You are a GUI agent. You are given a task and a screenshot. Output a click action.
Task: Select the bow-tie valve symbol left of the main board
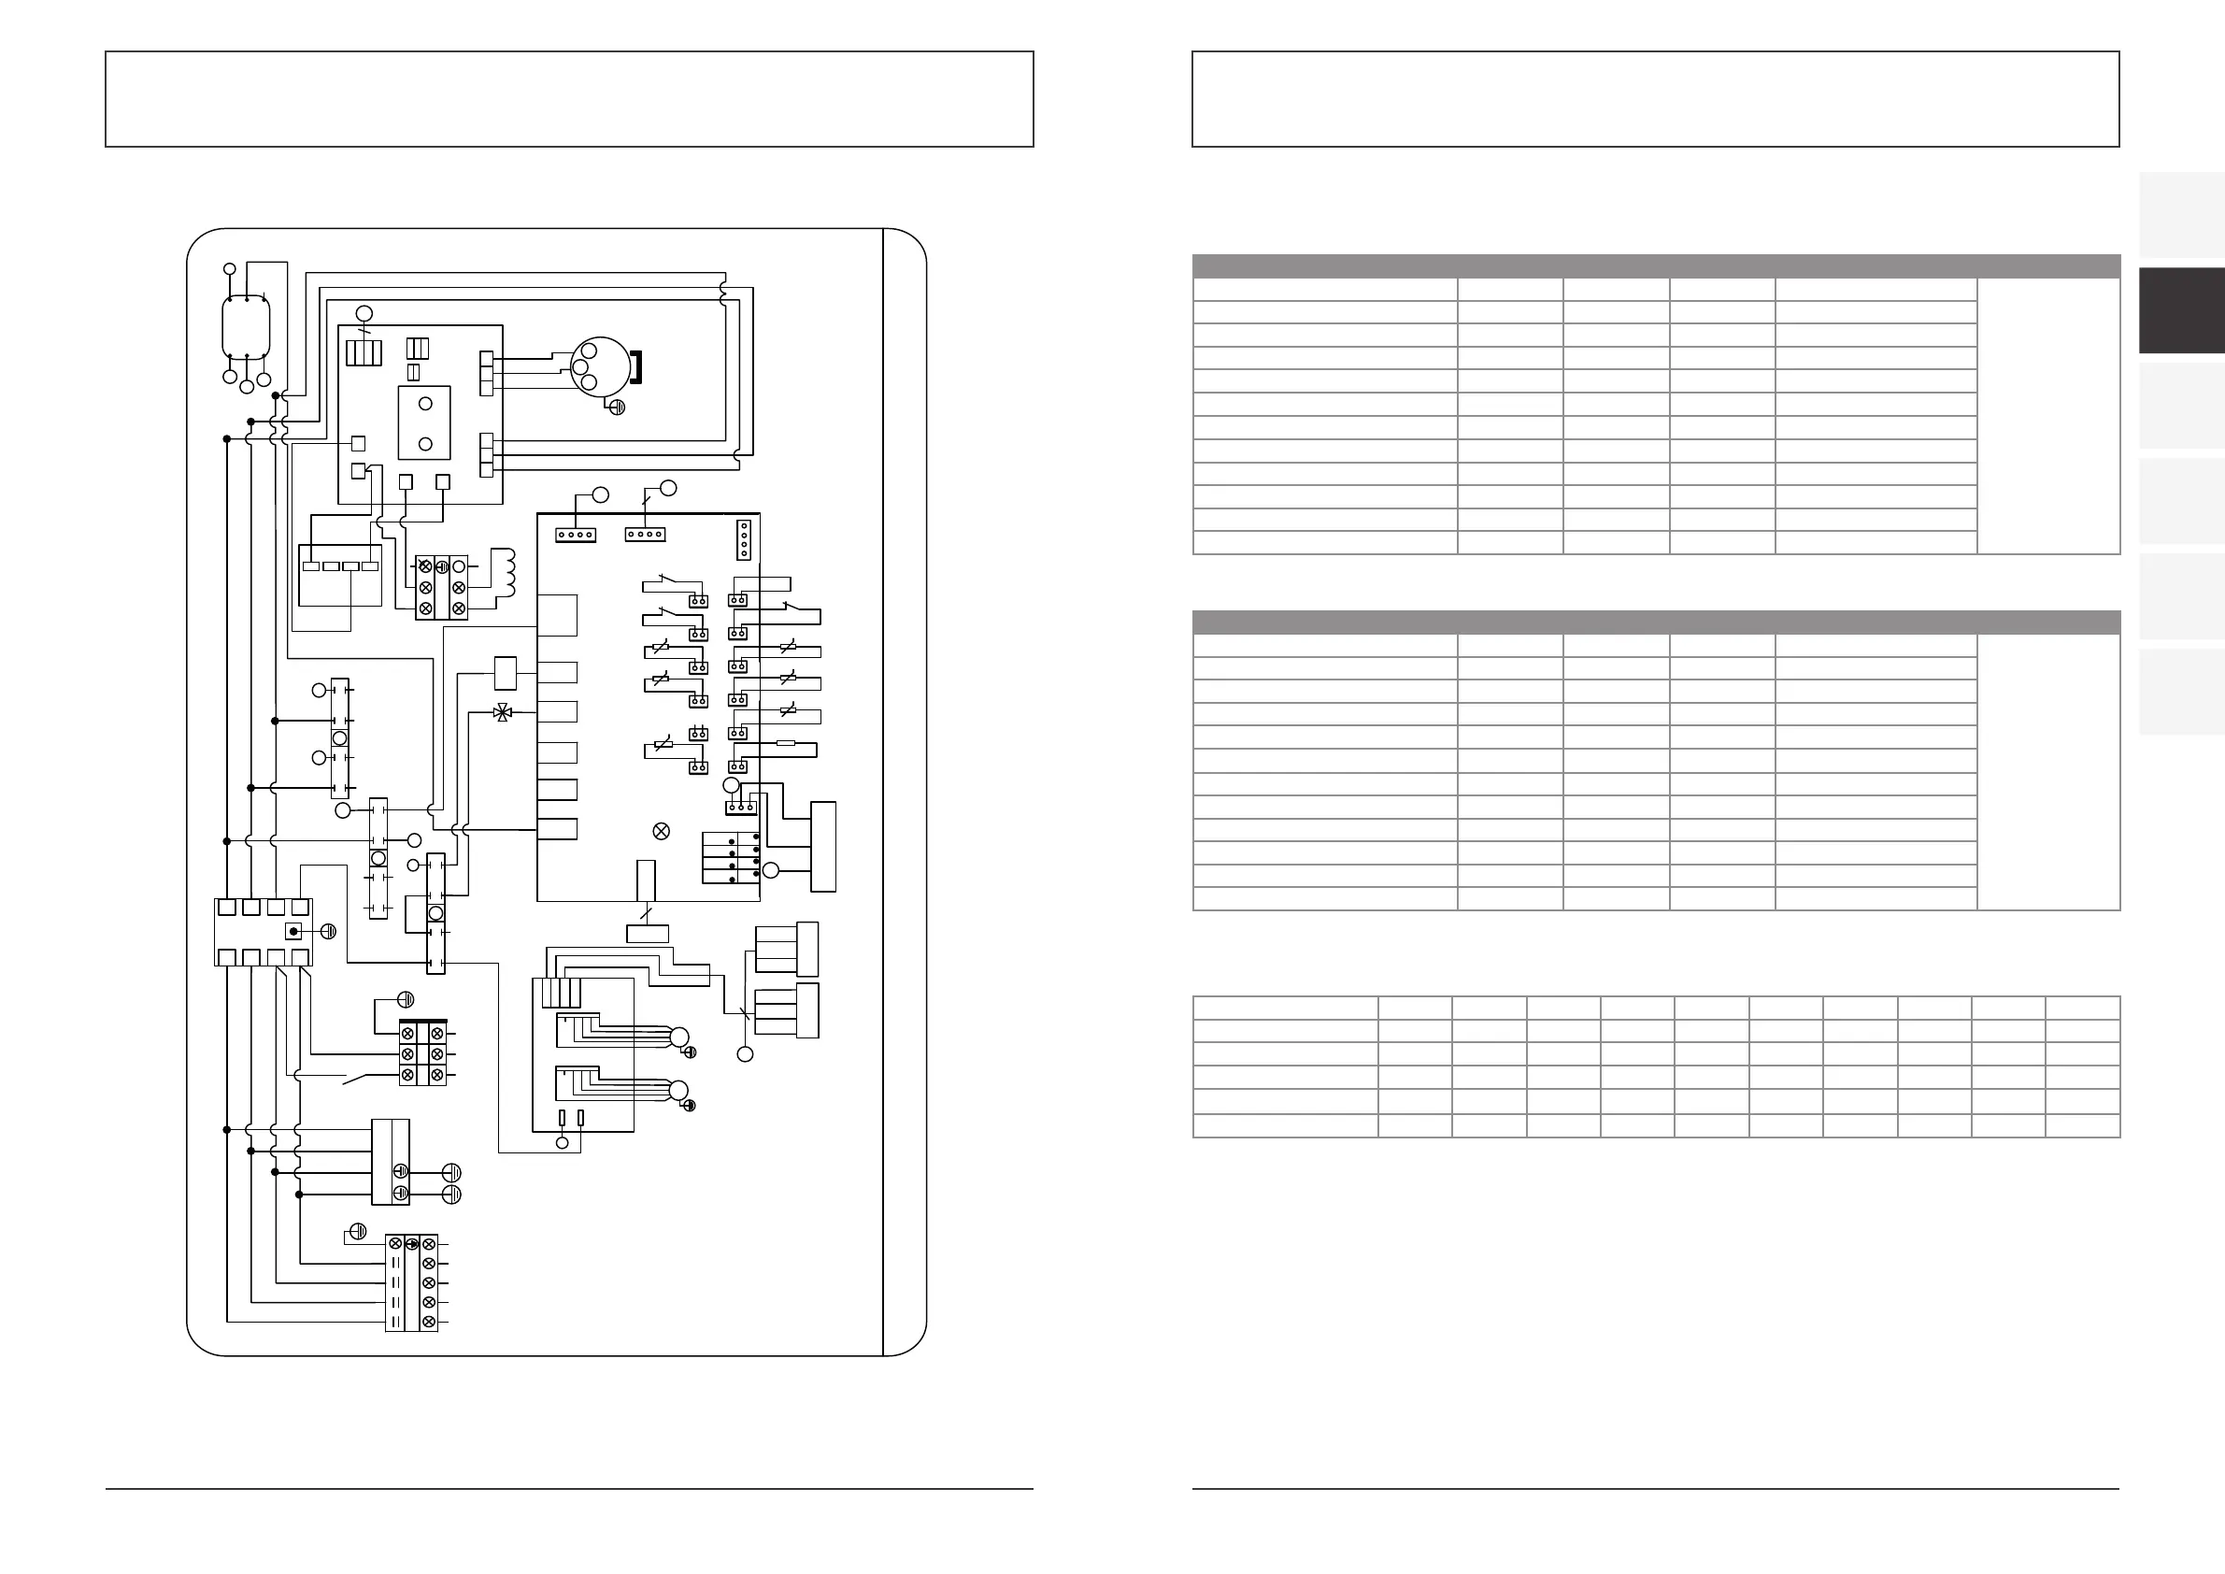click(502, 712)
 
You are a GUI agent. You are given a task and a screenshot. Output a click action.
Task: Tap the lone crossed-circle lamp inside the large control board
click(662, 832)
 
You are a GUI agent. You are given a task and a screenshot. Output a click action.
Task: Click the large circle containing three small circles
click(600, 366)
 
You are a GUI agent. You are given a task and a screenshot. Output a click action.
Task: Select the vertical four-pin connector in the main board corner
click(744, 540)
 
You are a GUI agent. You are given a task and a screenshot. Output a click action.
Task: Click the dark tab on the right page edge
click(2181, 310)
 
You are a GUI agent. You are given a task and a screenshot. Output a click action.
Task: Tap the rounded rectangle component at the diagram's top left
click(246, 326)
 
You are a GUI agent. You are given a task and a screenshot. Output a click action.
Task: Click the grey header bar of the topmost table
click(1655, 266)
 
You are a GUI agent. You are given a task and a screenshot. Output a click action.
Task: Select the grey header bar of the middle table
click(1655, 622)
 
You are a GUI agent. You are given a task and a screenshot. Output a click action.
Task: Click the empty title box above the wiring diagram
click(569, 99)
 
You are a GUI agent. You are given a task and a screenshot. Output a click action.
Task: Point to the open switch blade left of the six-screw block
click(361, 1078)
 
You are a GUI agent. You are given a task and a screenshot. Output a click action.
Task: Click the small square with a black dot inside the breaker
click(293, 932)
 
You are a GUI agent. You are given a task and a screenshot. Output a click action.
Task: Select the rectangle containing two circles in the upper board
click(424, 422)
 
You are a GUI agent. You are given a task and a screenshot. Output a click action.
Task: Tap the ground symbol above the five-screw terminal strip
click(358, 1232)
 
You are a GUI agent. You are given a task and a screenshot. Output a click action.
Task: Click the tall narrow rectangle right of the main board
click(822, 846)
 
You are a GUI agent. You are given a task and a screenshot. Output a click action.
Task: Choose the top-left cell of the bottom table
click(1285, 1007)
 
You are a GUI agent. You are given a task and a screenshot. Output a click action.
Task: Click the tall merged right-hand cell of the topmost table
click(2047, 416)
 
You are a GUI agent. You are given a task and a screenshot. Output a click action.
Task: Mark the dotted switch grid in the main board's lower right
click(731, 857)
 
